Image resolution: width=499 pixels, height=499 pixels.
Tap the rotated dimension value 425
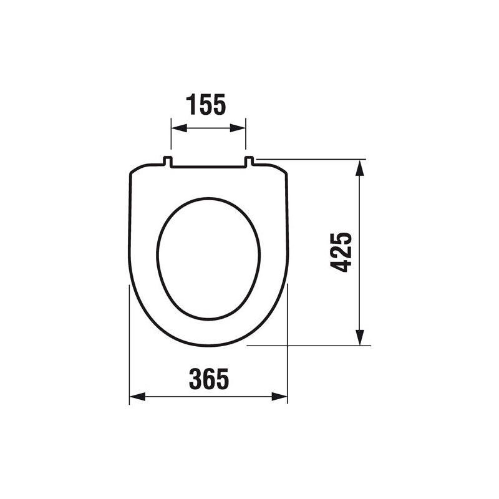click(341, 252)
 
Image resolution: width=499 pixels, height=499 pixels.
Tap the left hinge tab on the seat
click(168, 162)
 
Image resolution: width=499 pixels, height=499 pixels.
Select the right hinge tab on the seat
click(249, 162)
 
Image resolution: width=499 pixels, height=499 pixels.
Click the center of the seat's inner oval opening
click(208, 258)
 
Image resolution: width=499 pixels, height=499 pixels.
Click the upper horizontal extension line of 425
click(312, 159)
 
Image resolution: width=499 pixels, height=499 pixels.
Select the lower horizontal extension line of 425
click(312, 345)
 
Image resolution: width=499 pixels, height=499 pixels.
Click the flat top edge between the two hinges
click(208, 167)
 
